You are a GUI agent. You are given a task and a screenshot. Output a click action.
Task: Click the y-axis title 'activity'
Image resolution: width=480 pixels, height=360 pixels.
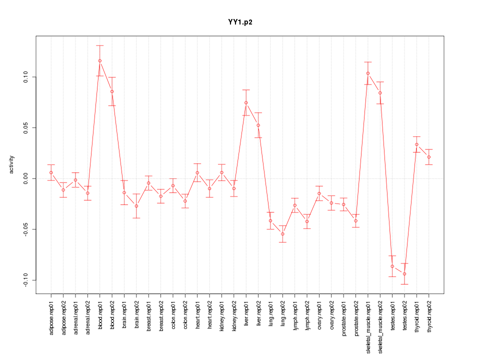(11, 164)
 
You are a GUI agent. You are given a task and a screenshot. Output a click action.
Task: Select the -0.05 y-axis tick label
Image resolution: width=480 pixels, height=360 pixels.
(25, 229)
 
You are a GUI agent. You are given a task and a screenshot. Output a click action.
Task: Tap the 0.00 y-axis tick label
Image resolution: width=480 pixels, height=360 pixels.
(25, 178)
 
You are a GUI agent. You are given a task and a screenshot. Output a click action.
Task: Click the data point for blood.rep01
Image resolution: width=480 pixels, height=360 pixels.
(100, 61)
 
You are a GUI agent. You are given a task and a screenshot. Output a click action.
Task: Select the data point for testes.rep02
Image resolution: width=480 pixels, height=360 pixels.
(404, 274)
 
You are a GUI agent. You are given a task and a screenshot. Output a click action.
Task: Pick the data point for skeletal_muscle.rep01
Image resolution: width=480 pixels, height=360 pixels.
(368, 73)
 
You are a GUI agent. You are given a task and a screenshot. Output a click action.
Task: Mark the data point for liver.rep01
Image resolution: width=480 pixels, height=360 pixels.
(246, 103)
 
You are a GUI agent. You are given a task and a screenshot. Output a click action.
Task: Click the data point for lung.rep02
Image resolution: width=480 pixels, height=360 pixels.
(282, 234)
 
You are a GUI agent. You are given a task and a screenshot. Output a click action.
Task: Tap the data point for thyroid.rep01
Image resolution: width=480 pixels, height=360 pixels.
(416, 144)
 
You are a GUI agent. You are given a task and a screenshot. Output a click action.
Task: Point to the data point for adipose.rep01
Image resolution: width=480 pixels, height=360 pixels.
(51, 172)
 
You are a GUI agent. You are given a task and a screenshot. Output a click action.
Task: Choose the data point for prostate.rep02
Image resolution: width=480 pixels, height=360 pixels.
(356, 221)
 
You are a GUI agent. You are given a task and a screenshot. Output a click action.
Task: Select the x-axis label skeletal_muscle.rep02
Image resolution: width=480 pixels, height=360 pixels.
(380, 325)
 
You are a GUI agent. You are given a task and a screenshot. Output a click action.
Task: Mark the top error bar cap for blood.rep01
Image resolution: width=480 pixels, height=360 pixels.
(100, 45)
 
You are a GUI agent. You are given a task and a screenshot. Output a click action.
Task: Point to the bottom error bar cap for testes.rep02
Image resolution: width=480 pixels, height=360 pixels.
(404, 284)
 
